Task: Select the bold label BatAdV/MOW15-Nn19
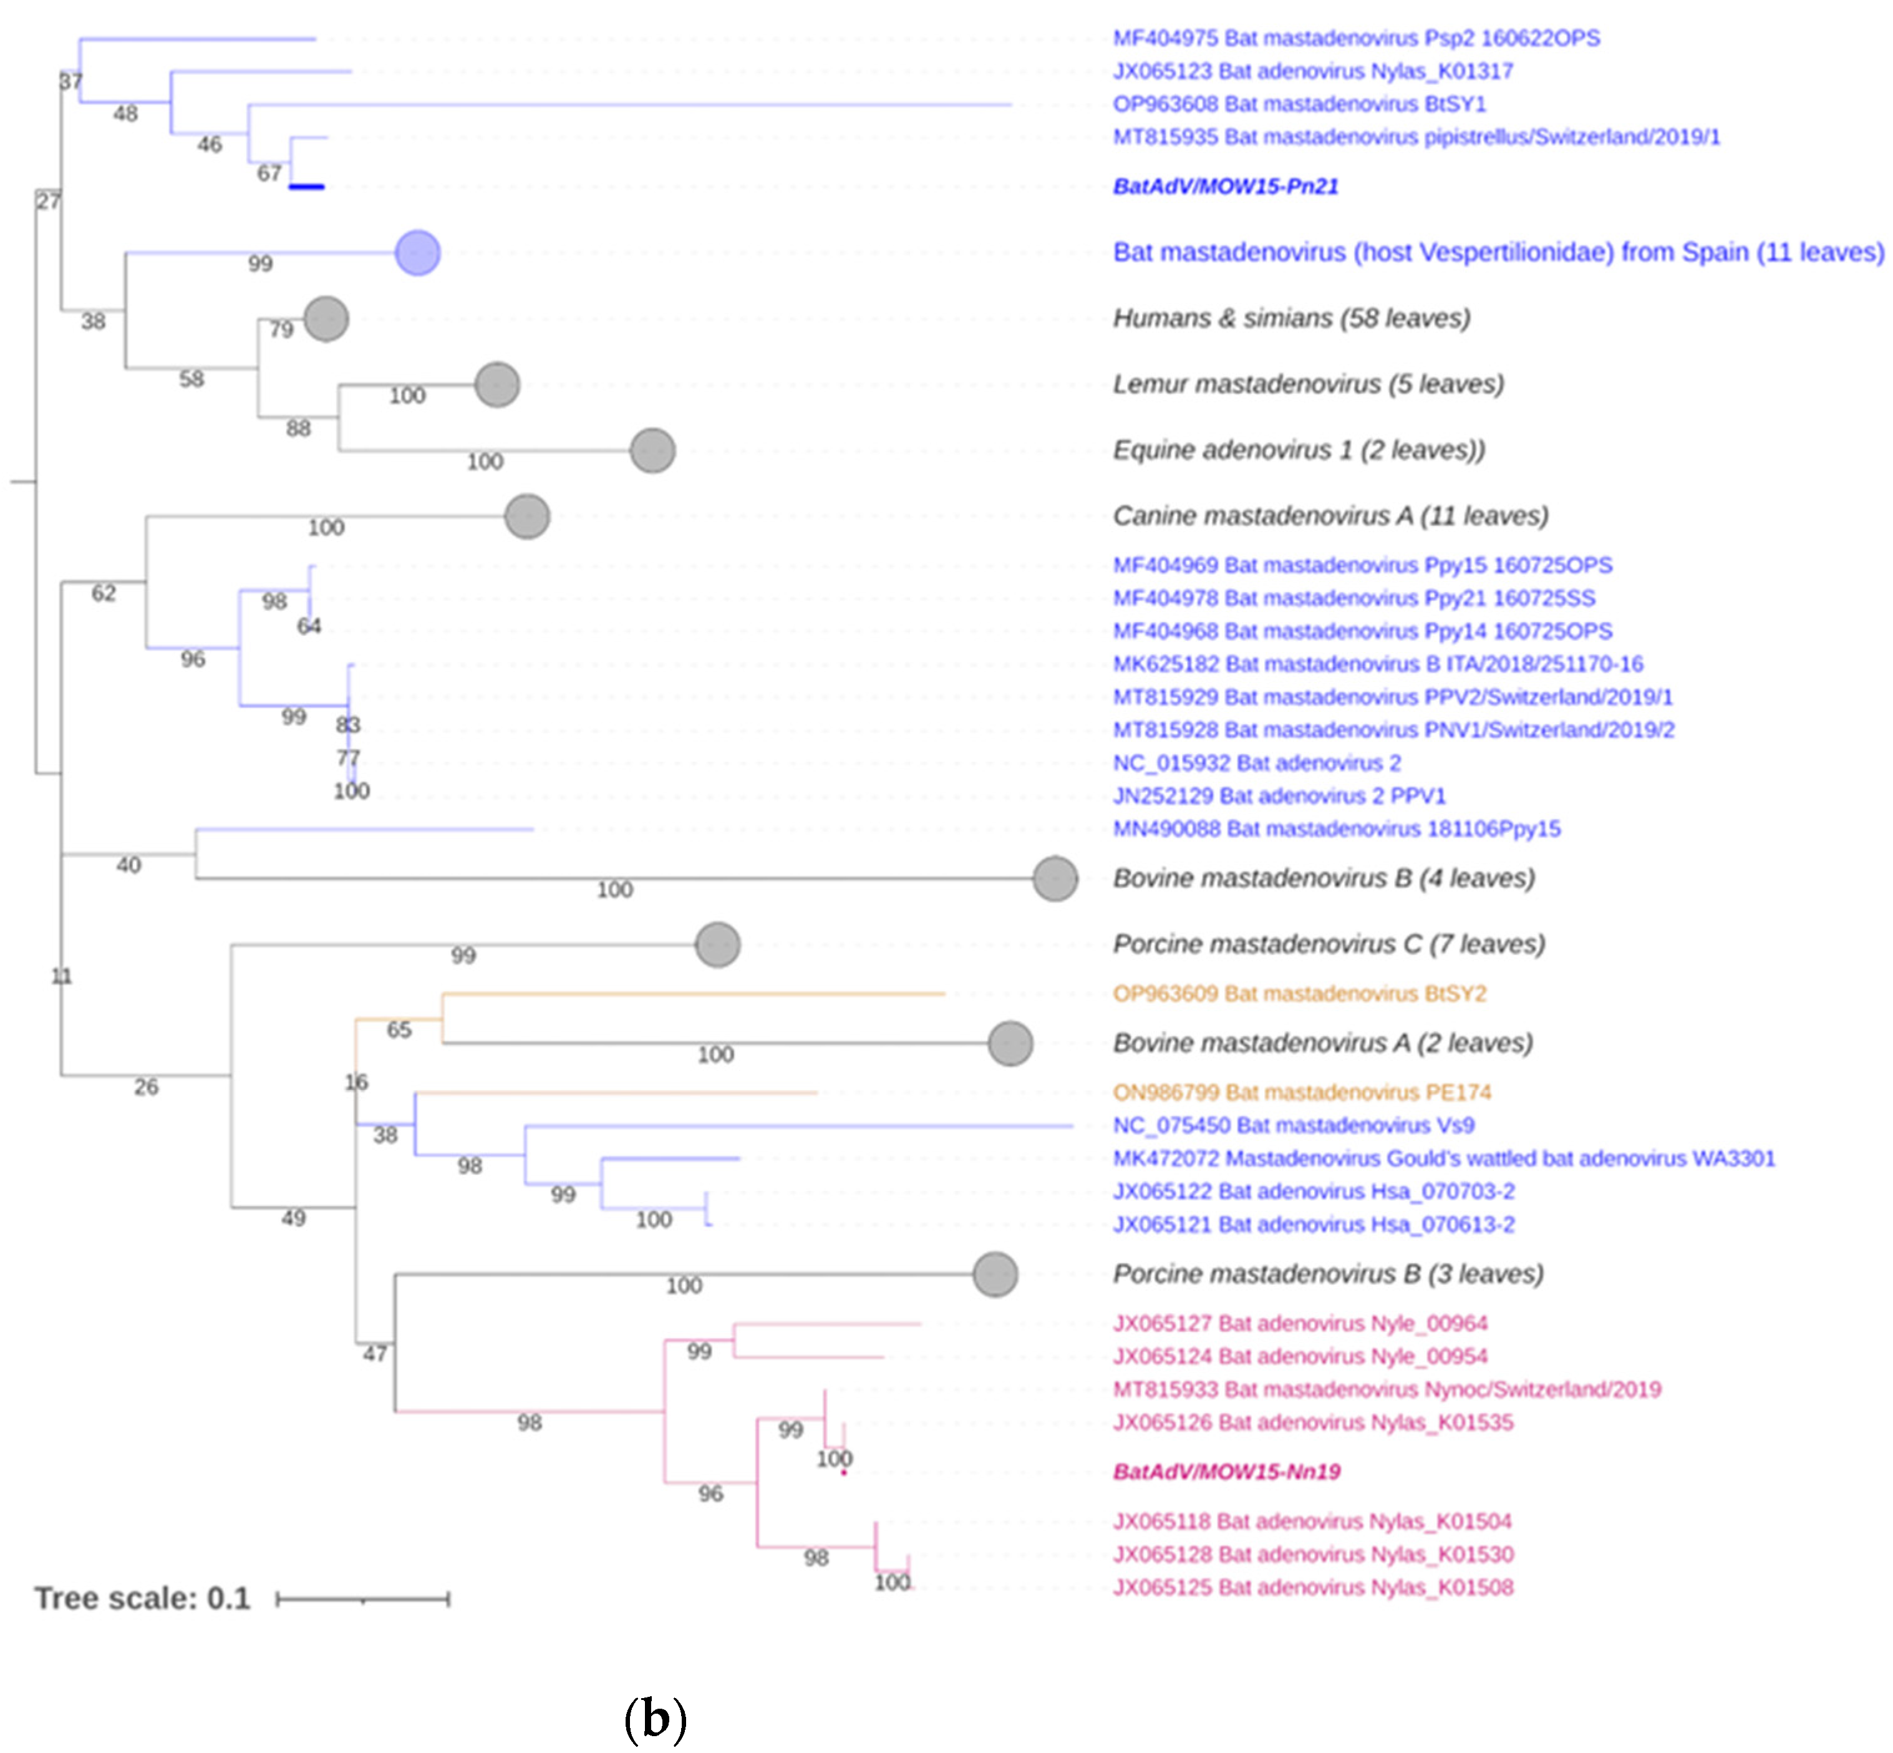[1226, 1471]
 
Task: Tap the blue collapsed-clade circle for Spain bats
[417, 253]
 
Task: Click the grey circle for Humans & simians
[326, 319]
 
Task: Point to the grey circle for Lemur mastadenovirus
[497, 384]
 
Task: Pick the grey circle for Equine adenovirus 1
[652, 450]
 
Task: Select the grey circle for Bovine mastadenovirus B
[1055, 878]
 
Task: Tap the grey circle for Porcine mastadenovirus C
[717, 944]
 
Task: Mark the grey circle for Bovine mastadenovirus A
[1010, 1044]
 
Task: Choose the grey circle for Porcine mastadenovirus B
[995, 1274]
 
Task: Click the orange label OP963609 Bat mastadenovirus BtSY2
[1299, 993]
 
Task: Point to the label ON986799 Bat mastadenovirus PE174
[1300, 1092]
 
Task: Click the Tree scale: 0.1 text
[142, 1598]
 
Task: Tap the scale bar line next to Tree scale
[362, 1600]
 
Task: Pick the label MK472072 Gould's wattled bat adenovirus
[1443, 1158]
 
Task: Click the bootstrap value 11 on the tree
[61, 976]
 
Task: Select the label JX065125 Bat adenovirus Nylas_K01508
[1312, 1587]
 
